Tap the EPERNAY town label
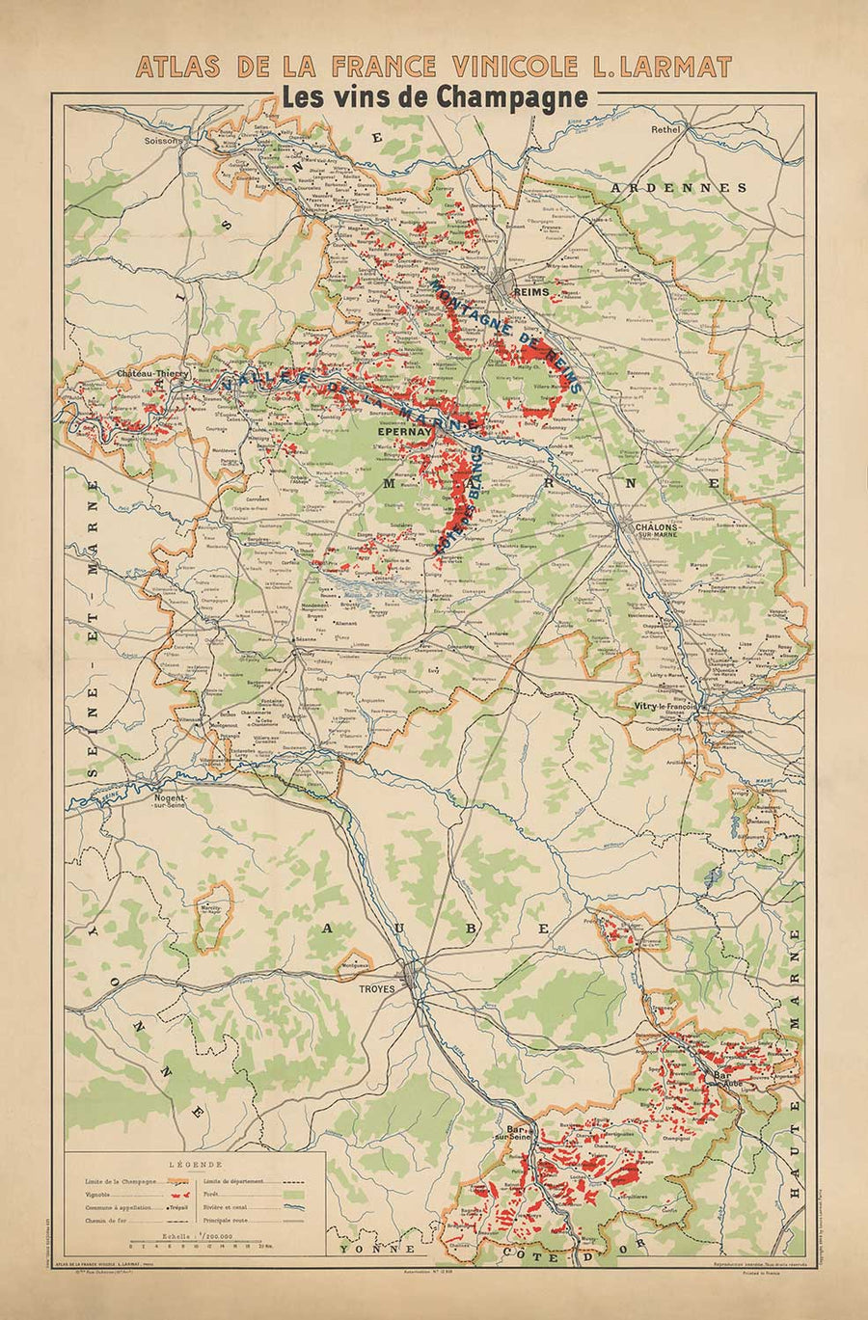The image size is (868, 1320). click(x=403, y=433)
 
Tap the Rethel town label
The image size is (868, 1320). click(x=665, y=129)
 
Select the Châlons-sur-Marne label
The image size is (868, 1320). click(x=658, y=532)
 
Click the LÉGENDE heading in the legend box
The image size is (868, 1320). click(x=194, y=1164)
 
